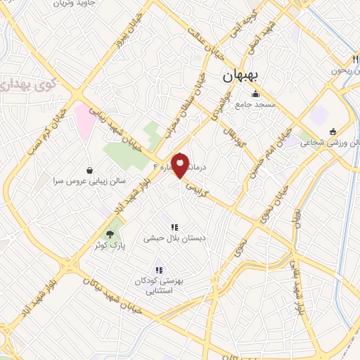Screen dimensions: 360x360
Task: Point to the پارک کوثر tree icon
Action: point(109,234)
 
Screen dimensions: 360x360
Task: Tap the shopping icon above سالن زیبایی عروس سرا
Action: point(90,170)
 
